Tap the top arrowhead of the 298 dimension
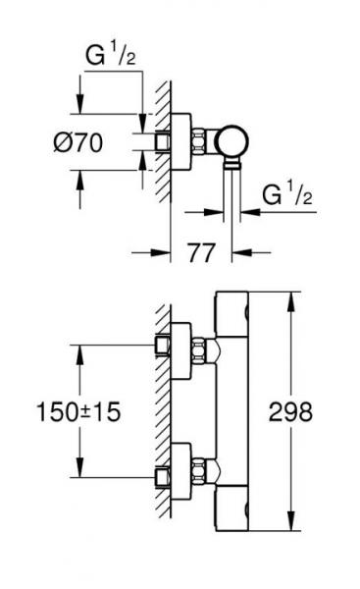290,297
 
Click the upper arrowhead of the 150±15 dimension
77,349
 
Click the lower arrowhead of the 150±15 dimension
77,470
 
